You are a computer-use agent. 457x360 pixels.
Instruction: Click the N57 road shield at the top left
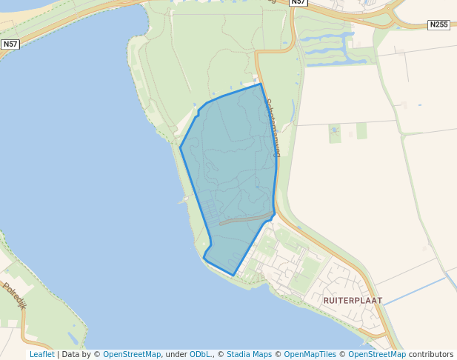click(x=10, y=44)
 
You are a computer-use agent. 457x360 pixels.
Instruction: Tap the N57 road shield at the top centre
click(x=298, y=2)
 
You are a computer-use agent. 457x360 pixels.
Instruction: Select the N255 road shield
click(x=438, y=24)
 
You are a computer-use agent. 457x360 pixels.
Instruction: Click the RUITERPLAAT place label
click(x=353, y=301)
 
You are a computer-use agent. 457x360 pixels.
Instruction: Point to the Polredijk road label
click(x=14, y=296)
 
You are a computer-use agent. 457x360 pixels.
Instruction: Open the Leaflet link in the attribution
click(x=41, y=354)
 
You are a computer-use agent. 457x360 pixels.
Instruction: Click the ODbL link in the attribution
click(x=201, y=354)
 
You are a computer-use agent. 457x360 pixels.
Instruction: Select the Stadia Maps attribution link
click(x=249, y=354)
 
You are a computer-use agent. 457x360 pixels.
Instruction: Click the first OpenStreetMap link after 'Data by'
click(x=132, y=354)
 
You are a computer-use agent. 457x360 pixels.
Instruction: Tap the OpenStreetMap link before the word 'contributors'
click(x=377, y=354)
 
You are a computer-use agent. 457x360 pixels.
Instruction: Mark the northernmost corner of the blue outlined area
click(x=261, y=84)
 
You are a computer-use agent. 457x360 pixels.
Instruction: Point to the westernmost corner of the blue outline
click(x=180, y=147)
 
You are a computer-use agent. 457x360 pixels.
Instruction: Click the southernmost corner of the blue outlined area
click(x=234, y=276)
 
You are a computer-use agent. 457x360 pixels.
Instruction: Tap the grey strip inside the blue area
click(x=244, y=219)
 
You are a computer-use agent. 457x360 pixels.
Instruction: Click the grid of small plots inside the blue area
click(x=211, y=212)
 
